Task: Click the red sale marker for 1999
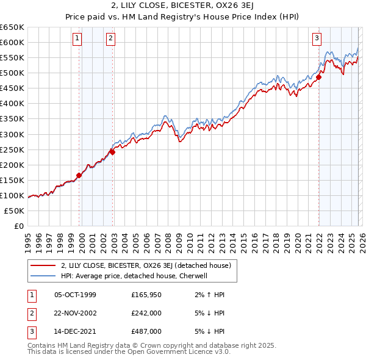[79, 175]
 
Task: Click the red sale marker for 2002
[113, 152]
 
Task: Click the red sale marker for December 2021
[318, 77]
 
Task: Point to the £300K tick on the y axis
[12, 134]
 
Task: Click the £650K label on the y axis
[12, 27]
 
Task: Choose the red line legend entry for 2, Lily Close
[145, 265]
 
